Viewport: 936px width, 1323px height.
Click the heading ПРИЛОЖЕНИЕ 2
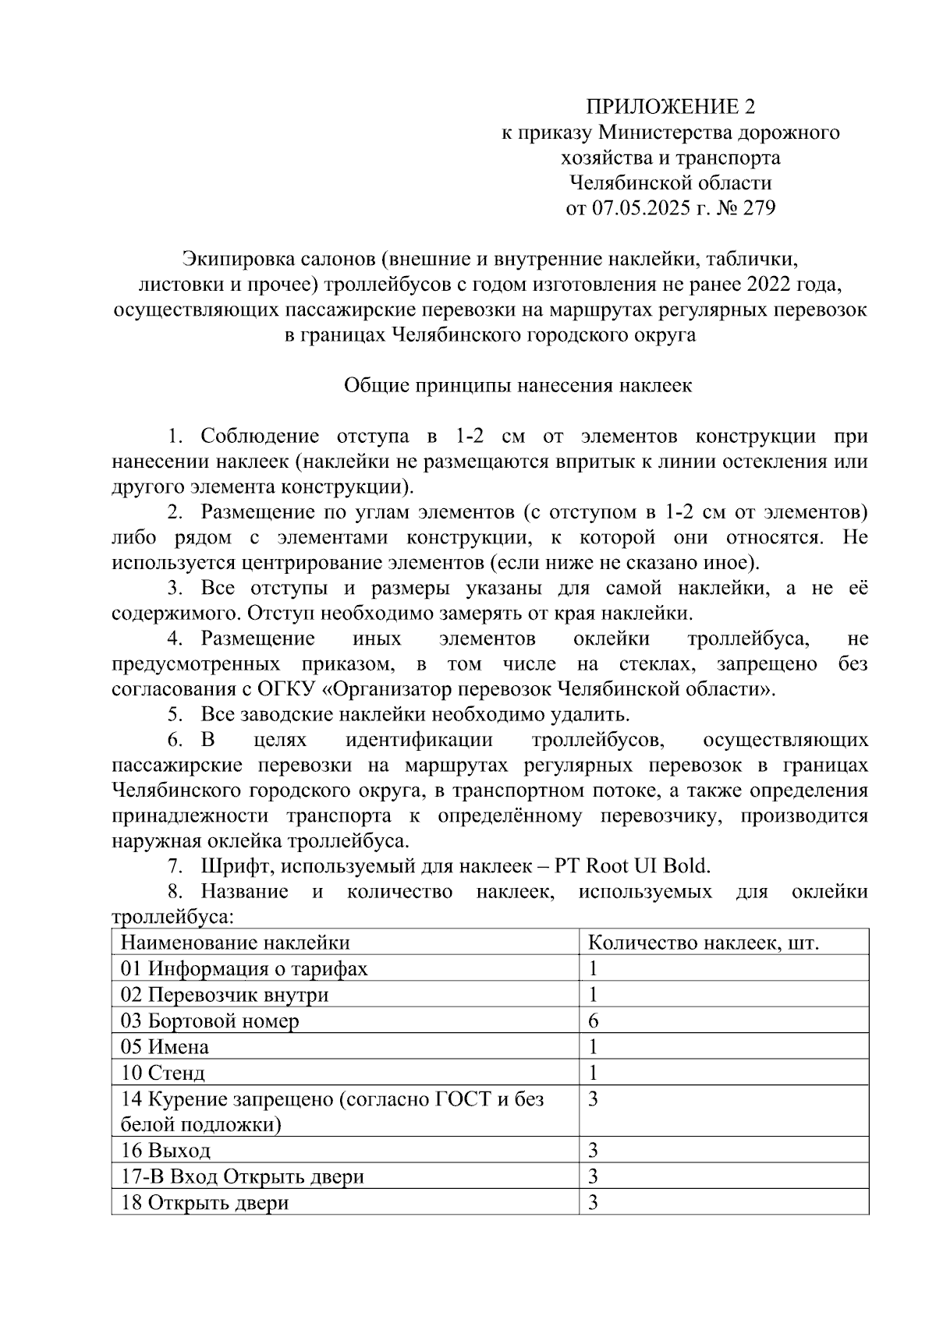coord(671,107)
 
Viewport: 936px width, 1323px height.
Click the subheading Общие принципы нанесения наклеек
coord(518,386)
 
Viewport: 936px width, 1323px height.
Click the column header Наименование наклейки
coord(235,943)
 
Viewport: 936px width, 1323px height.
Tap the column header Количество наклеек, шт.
coord(703,943)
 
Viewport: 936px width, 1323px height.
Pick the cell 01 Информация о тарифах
coord(244,968)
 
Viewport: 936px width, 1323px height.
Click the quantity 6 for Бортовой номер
coord(594,1021)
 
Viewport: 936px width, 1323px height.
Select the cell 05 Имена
coord(165,1046)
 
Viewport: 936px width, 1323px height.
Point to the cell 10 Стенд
coord(163,1073)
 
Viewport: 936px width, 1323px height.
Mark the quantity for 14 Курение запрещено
coord(594,1099)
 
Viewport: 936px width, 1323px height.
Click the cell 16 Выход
coord(165,1151)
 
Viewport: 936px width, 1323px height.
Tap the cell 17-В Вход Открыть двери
coord(243,1176)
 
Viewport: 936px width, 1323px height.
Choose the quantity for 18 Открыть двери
coord(594,1202)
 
